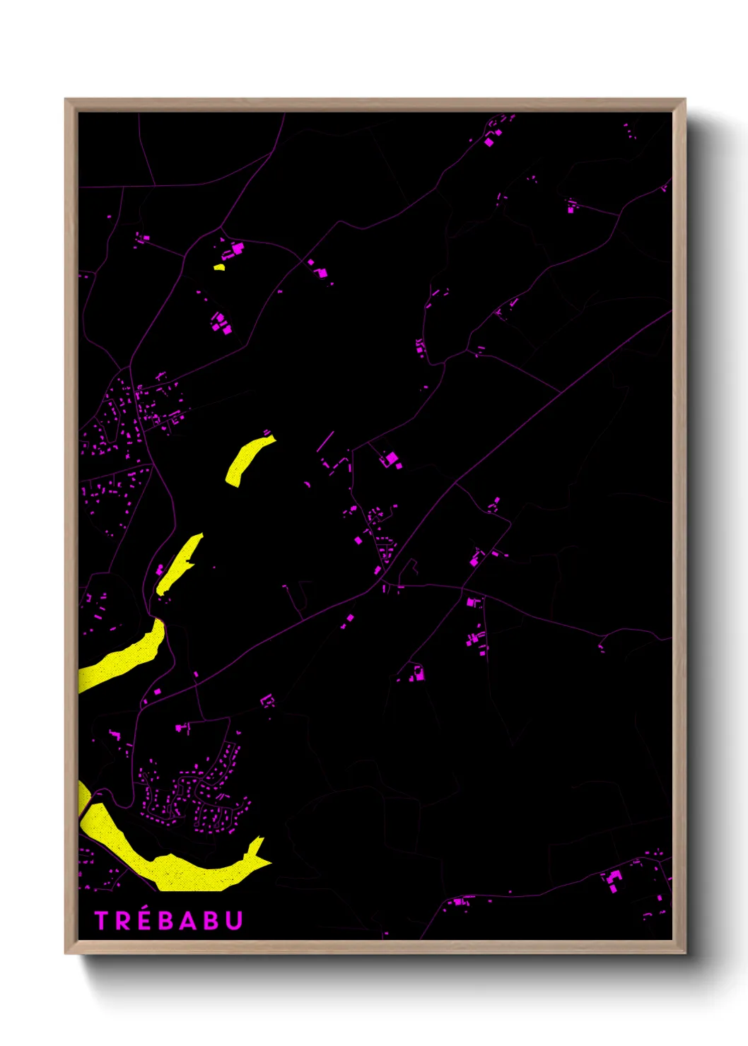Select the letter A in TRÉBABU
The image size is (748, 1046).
[187, 920]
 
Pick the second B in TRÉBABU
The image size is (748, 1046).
[210, 920]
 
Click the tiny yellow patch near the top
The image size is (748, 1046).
[219, 267]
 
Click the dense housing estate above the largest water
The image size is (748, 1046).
[198, 795]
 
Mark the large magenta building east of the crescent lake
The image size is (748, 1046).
[390, 459]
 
